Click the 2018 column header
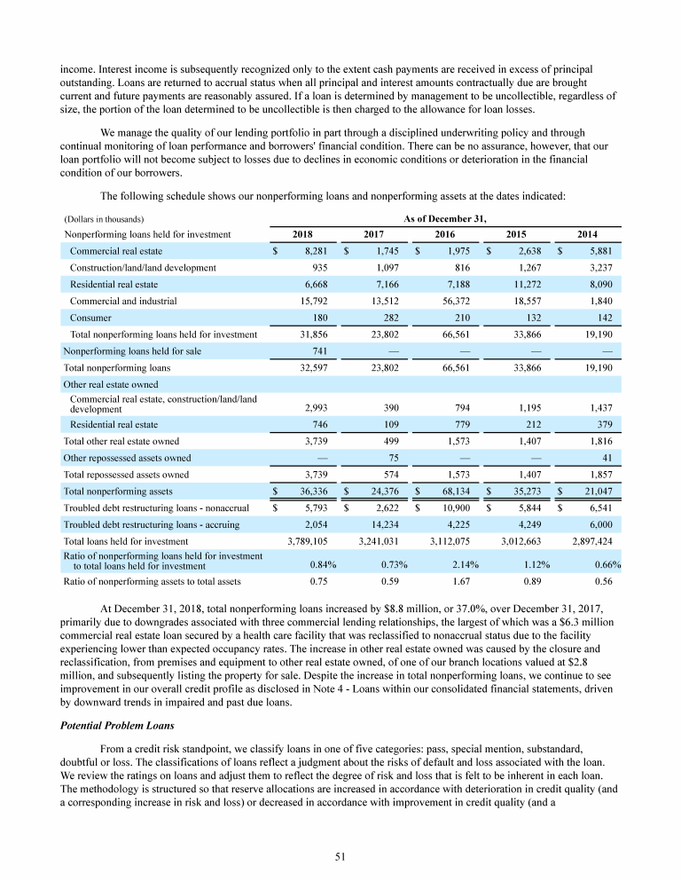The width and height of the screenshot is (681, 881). click(x=301, y=234)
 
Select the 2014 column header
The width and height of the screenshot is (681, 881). click(x=587, y=234)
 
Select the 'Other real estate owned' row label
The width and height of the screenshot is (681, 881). click(x=111, y=384)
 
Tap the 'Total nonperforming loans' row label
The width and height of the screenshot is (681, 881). click(x=117, y=367)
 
